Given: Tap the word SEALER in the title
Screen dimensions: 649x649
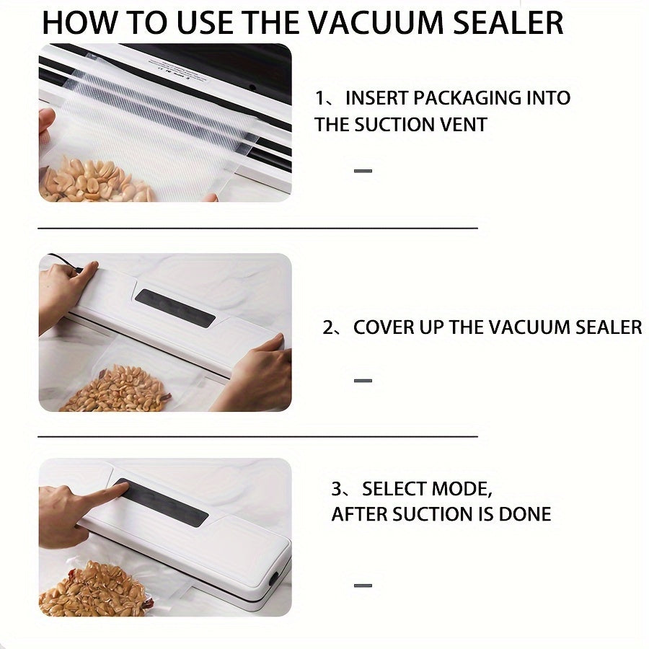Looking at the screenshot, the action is point(508,23).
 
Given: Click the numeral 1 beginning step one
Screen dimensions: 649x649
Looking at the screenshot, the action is point(319,99).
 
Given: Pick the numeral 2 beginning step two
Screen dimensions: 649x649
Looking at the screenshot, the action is point(328,327).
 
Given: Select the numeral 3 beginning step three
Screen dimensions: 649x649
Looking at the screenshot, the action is point(337,489).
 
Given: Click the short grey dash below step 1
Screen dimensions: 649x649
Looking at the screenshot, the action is point(363,170).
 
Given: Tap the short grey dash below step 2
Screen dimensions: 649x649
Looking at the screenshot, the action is point(363,380).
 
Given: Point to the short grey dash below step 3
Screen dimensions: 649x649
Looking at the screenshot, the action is point(363,586).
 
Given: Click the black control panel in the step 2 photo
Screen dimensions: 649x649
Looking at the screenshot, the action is point(175,309).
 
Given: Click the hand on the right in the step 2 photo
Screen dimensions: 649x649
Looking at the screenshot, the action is point(253,374).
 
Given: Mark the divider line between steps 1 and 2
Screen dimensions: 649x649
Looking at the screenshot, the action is point(258,228).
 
